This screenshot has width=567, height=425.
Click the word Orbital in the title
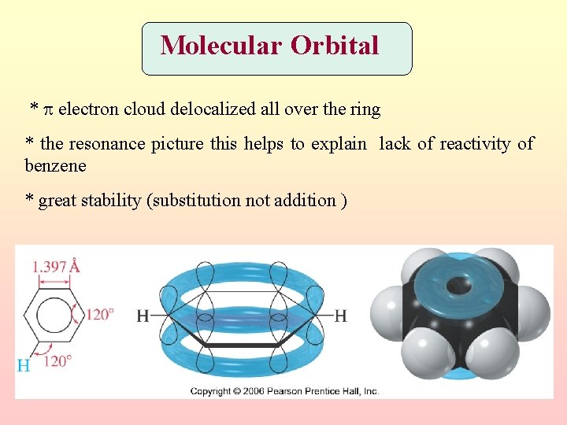pyautogui.click(x=335, y=46)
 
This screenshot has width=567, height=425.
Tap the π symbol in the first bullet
pyautogui.click(x=47, y=109)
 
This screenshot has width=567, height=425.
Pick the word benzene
pyautogui.click(x=55, y=166)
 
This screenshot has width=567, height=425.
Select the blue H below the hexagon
pyautogui.click(x=24, y=365)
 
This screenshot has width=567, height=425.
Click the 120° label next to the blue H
pyautogui.click(x=58, y=361)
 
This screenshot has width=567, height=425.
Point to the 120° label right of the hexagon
pyautogui.click(x=100, y=314)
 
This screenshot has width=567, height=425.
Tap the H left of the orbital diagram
pyautogui.click(x=143, y=316)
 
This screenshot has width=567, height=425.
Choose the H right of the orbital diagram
pyautogui.click(x=340, y=316)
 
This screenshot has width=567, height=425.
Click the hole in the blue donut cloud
pyautogui.click(x=458, y=284)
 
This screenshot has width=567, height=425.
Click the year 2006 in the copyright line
pyautogui.click(x=250, y=391)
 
